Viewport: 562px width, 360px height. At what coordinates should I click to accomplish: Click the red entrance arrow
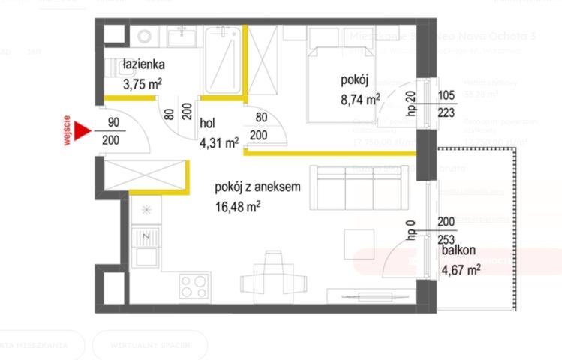pyautogui.click(x=82, y=132)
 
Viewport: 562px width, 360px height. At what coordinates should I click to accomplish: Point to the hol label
pyautogui.click(x=208, y=124)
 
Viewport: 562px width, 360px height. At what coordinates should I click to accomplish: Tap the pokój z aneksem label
pyautogui.click(x=257, y=188)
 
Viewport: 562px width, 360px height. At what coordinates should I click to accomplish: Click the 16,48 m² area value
pyautogui.click(x=237, y=205)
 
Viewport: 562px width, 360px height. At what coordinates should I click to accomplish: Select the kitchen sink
pyautogui.click(x=146, y=241)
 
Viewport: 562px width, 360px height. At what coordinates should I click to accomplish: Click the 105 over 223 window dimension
pyautogui.click(x=446, y=104)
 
